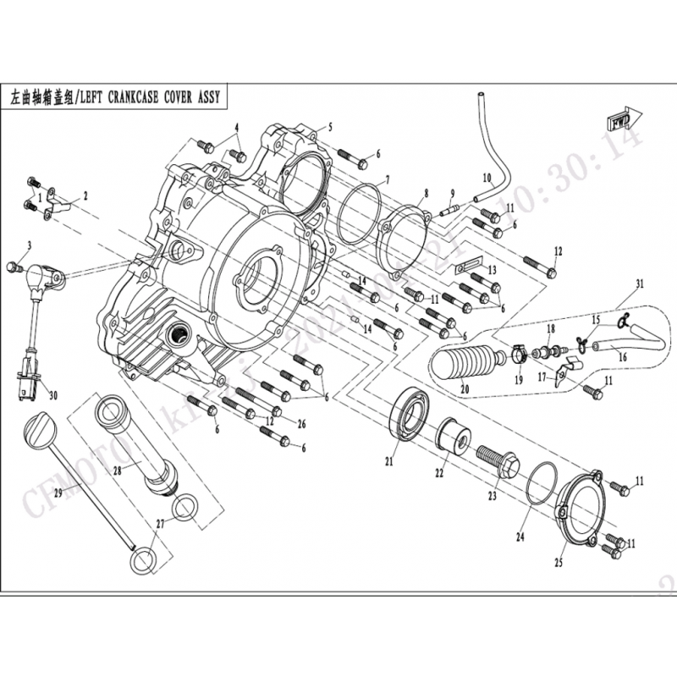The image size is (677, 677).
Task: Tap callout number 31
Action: coord(640,283)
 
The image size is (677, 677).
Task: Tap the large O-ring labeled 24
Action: coord(541,490)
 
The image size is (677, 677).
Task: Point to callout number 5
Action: coord(330,128)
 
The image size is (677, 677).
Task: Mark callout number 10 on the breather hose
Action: coord(487,178)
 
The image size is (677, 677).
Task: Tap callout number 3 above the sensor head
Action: coord(29,246)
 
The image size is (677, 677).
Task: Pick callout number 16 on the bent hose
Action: coord(623,357)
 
